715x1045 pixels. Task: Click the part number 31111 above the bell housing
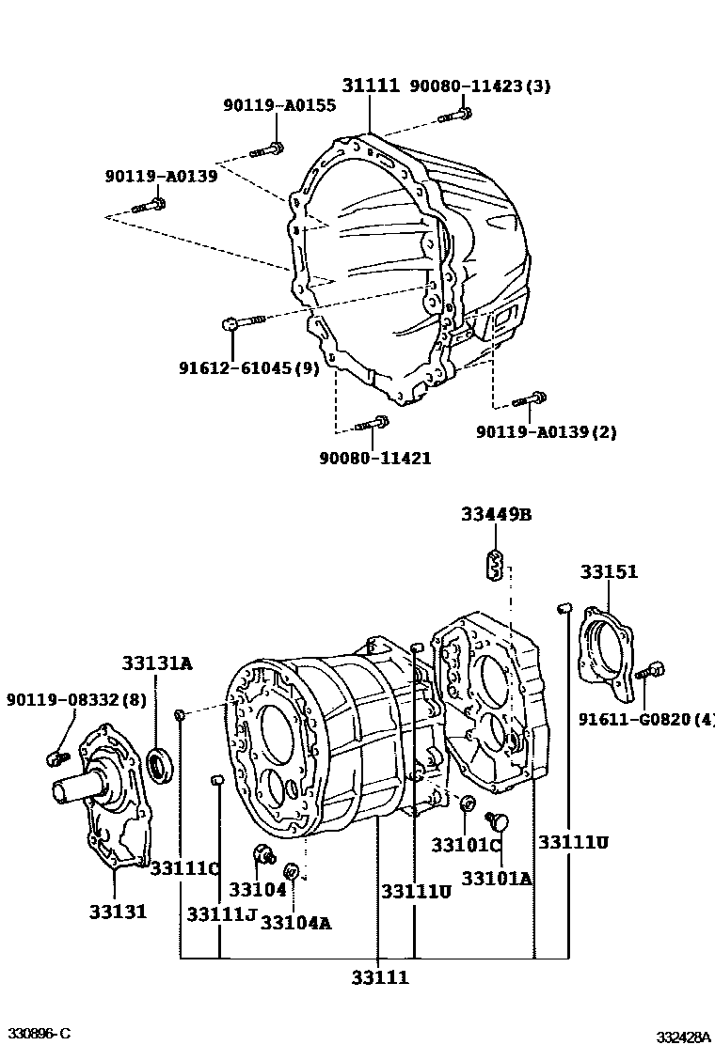tap(370, 86)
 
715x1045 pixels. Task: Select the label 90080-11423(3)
tap(480, 86)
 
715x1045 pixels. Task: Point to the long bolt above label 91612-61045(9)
tap(244, 324)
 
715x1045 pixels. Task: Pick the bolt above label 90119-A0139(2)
tap(530, 400)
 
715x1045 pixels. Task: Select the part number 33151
tap(608, 571)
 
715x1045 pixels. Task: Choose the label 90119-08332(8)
tap(76, 699)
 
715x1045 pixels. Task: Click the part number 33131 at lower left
tap(118, 911)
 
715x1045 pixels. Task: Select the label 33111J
tap(221, 914)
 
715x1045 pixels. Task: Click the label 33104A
tap(295, 922)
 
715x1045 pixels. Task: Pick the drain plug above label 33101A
tap(499, 824)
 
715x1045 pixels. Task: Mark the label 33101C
tap(467, 845)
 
